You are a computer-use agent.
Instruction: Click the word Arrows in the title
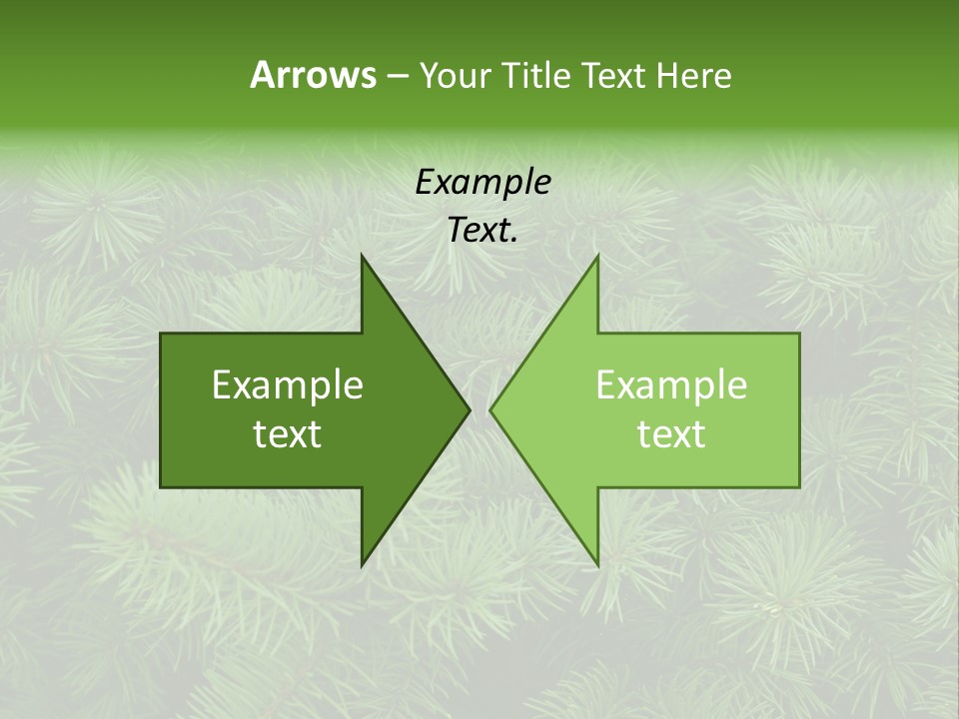[x=312, y=75]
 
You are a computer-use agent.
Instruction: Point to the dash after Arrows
[x=396, y=77]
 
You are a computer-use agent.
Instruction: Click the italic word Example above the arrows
[x=482, y=182]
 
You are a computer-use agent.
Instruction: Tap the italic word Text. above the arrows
[x=482, y=231]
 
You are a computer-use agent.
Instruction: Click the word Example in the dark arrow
[x=288, y=384]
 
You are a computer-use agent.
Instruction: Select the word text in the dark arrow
[x=288, y=434]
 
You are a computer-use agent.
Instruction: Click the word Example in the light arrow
[x=671, y=384]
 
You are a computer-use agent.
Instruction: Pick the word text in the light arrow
[x=671, y=434]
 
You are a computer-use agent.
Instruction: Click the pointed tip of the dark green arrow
[x=470, y=409]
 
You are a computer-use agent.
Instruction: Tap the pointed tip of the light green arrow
[x=490, y=409]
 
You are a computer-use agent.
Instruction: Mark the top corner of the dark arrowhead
[x=362, y=255]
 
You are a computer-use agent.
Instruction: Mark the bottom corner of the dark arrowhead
[x=362, y=565]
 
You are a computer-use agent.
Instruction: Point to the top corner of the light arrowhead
[x=597, y=255]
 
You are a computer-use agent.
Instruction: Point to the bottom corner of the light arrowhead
[x=597, y=565]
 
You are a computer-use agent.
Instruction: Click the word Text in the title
[x=615, y=76]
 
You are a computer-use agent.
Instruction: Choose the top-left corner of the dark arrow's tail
[x=161, y=334]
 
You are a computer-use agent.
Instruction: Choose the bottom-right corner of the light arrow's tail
[x=799, y=486]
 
